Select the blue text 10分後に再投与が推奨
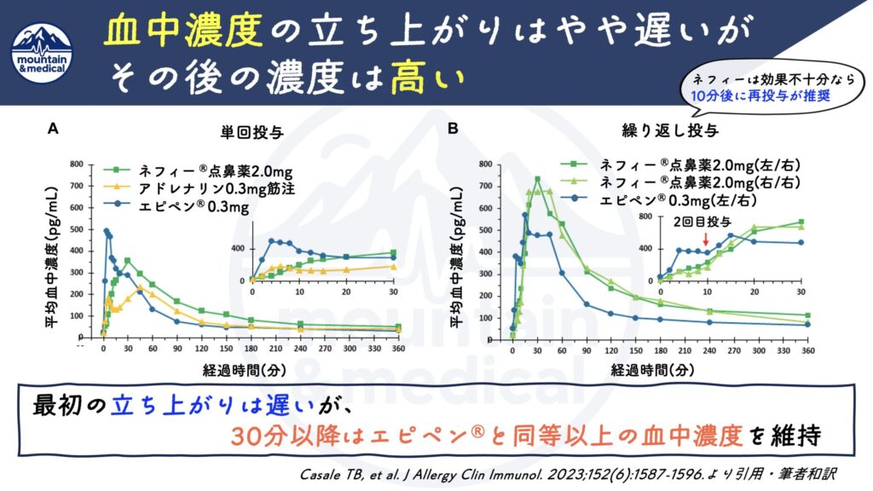pyautogui.click(x=760, y=96)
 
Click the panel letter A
pyautogui.click(x=53, y=129)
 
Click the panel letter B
pyautogui.click(x=454, y=129)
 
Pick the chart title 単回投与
pyautogui.click(x=249, y=132)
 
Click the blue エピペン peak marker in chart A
pyautogui.click(x=107, y=230)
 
